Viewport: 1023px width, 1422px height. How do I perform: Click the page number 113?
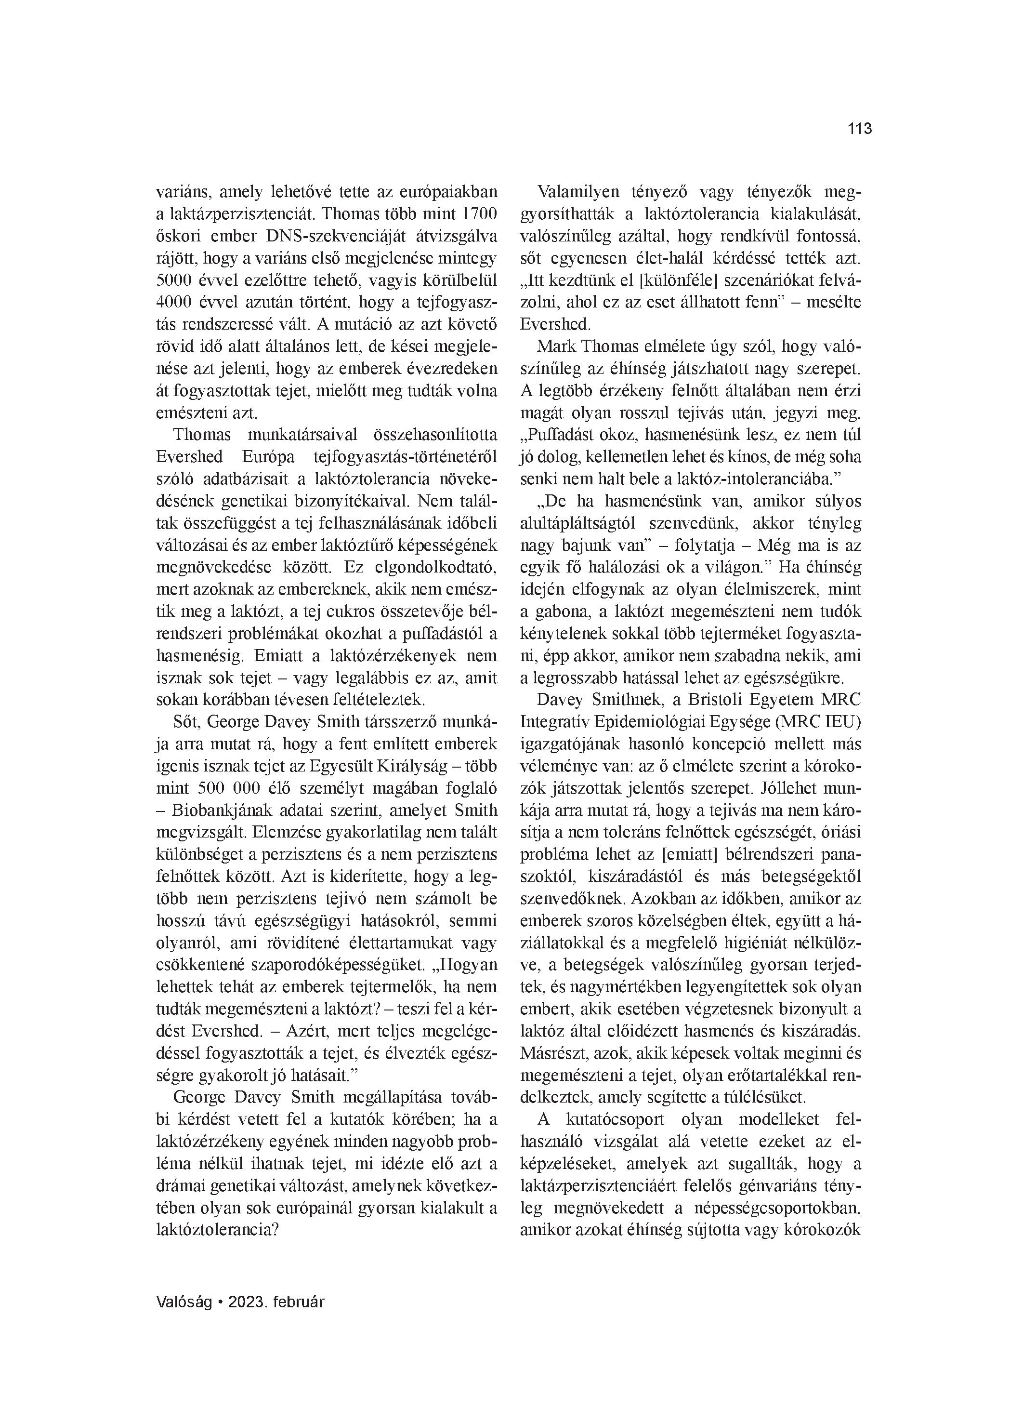[x=859, y=129]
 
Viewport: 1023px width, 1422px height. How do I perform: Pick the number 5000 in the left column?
[x=175, y=279]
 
